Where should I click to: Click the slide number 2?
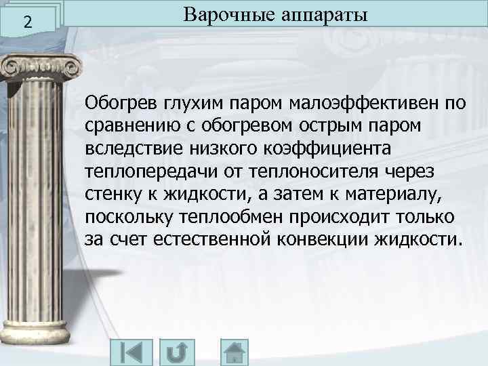26,22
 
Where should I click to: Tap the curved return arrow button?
178,353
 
